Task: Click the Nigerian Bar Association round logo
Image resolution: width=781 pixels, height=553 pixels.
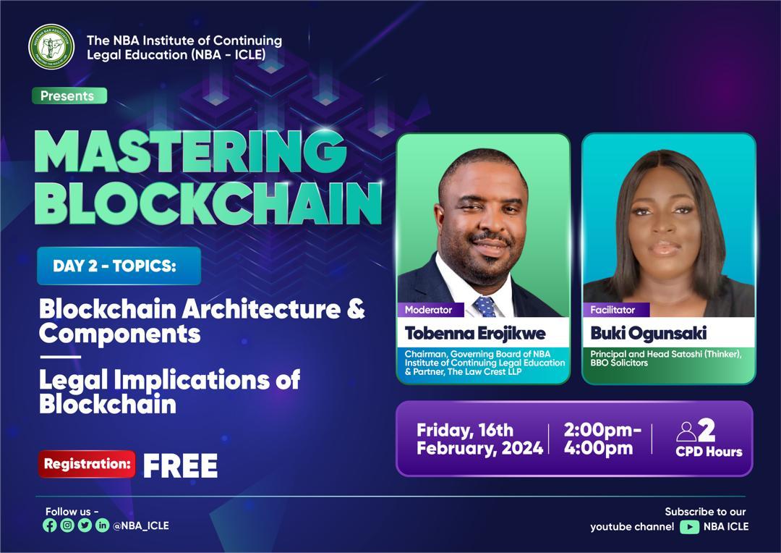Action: pos(51,47)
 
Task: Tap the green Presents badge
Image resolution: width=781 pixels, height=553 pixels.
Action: pos(69,96)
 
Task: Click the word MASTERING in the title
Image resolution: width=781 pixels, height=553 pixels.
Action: pos(190,151)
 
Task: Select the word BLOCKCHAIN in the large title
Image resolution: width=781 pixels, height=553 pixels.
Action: pos(208,203)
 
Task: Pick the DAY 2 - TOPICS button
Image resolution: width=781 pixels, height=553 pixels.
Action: pos(119,266)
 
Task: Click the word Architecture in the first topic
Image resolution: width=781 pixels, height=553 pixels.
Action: pos(261,308)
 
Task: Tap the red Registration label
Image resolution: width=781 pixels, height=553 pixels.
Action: pos(88,464)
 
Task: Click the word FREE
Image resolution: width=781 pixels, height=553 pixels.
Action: pos(180,465)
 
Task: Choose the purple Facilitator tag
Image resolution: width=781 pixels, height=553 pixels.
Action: pos(615,310)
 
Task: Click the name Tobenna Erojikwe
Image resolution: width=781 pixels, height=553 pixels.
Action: pos(474,333)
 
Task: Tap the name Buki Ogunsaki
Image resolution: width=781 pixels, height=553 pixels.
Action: pos(648,333)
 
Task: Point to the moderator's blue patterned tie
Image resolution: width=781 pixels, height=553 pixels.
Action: pos(485,306)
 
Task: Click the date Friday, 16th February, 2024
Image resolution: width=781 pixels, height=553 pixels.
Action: pos(479,439)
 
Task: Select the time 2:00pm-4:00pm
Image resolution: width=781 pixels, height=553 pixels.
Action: pos(602,439)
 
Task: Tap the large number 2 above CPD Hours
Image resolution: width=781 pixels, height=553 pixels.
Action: pos(707,430)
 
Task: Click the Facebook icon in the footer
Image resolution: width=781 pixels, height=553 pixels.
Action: pos(50,525)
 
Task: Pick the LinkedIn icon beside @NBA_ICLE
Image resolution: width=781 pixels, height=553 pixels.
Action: pos(102,525)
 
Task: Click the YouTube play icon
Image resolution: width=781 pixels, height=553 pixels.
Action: pos(689,526)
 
